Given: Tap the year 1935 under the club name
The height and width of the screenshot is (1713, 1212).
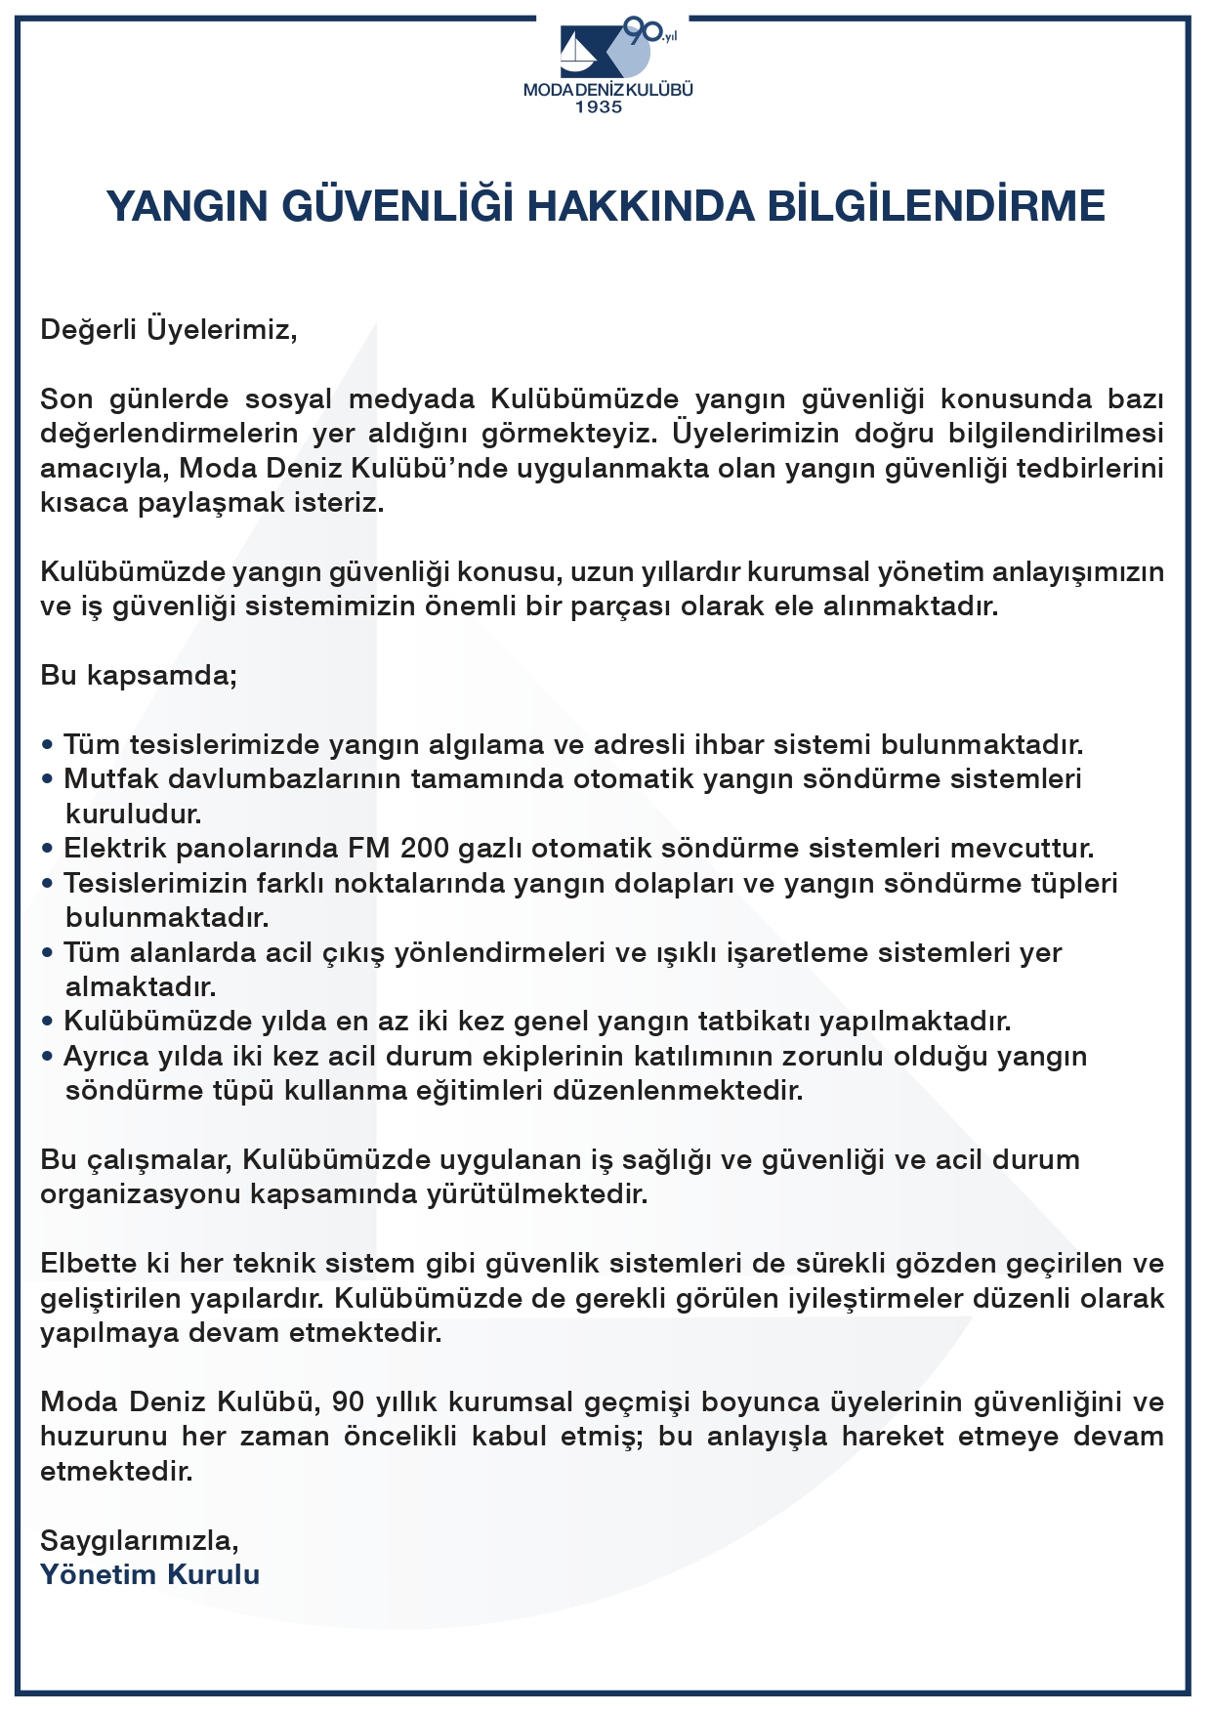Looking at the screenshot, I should (x=598, y=107).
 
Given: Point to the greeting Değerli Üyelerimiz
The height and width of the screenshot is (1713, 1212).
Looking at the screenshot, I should (x=168, y=328).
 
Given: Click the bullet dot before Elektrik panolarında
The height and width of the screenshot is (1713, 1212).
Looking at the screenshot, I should (x=47, y=849).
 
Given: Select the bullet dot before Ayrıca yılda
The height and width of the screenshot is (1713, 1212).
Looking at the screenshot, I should (x=47, y=1057).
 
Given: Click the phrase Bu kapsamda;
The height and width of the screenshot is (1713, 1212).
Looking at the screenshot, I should (x=139, y=675).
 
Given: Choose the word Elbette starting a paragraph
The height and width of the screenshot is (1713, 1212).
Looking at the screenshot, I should (x=89, y=1264).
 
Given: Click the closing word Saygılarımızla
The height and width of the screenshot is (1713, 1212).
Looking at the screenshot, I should (x=140, y=1541).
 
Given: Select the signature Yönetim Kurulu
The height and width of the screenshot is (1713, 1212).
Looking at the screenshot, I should (x=150, y=1575).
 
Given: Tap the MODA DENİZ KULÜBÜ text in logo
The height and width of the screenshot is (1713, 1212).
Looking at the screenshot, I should (x=607, y=90).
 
